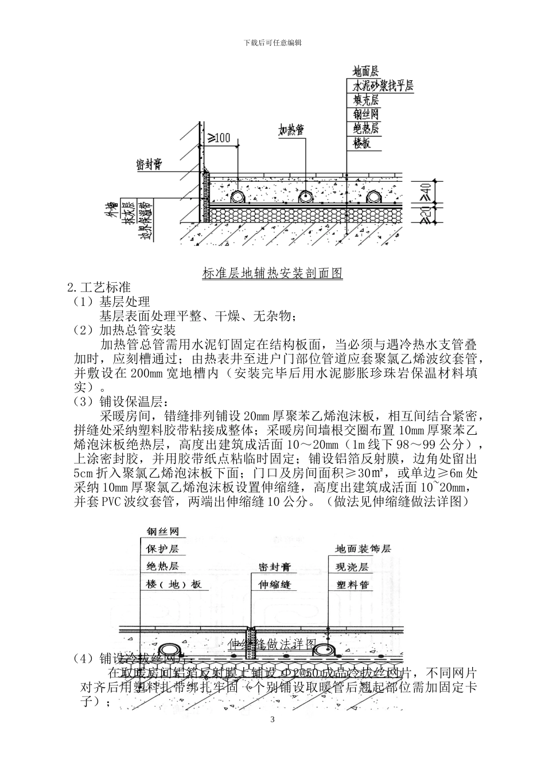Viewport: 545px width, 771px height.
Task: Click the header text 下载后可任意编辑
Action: (272, 42)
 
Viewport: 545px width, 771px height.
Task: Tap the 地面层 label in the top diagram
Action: (365, 72)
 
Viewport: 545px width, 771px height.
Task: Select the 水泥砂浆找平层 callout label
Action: (383, 86)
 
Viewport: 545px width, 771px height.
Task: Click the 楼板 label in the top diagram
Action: (362, 143)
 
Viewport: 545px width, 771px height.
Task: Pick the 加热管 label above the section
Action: (291, 130)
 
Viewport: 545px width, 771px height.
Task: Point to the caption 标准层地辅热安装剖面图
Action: (272, 273)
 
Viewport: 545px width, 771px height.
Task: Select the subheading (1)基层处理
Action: (111, 302)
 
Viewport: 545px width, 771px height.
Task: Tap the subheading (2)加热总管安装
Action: (124, 330)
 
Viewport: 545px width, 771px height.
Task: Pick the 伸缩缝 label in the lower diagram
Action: (275, 585)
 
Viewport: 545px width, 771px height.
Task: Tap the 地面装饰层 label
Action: (363, 549)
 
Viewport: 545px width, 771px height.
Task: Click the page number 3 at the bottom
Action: (272, 720)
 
